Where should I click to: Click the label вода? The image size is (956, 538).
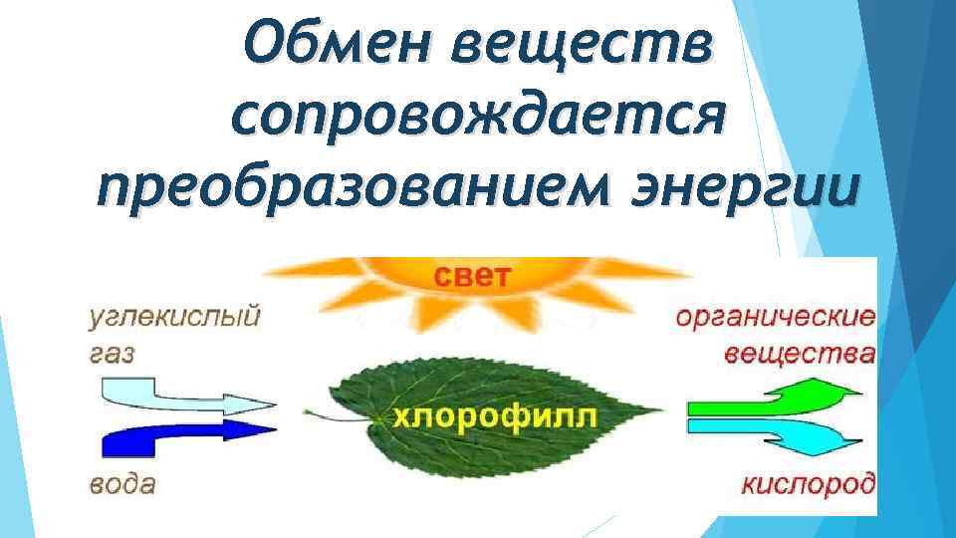pyautogui.click(x=121, y=485)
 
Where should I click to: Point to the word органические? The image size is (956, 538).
pyautogui.click(x=777, y=319)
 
